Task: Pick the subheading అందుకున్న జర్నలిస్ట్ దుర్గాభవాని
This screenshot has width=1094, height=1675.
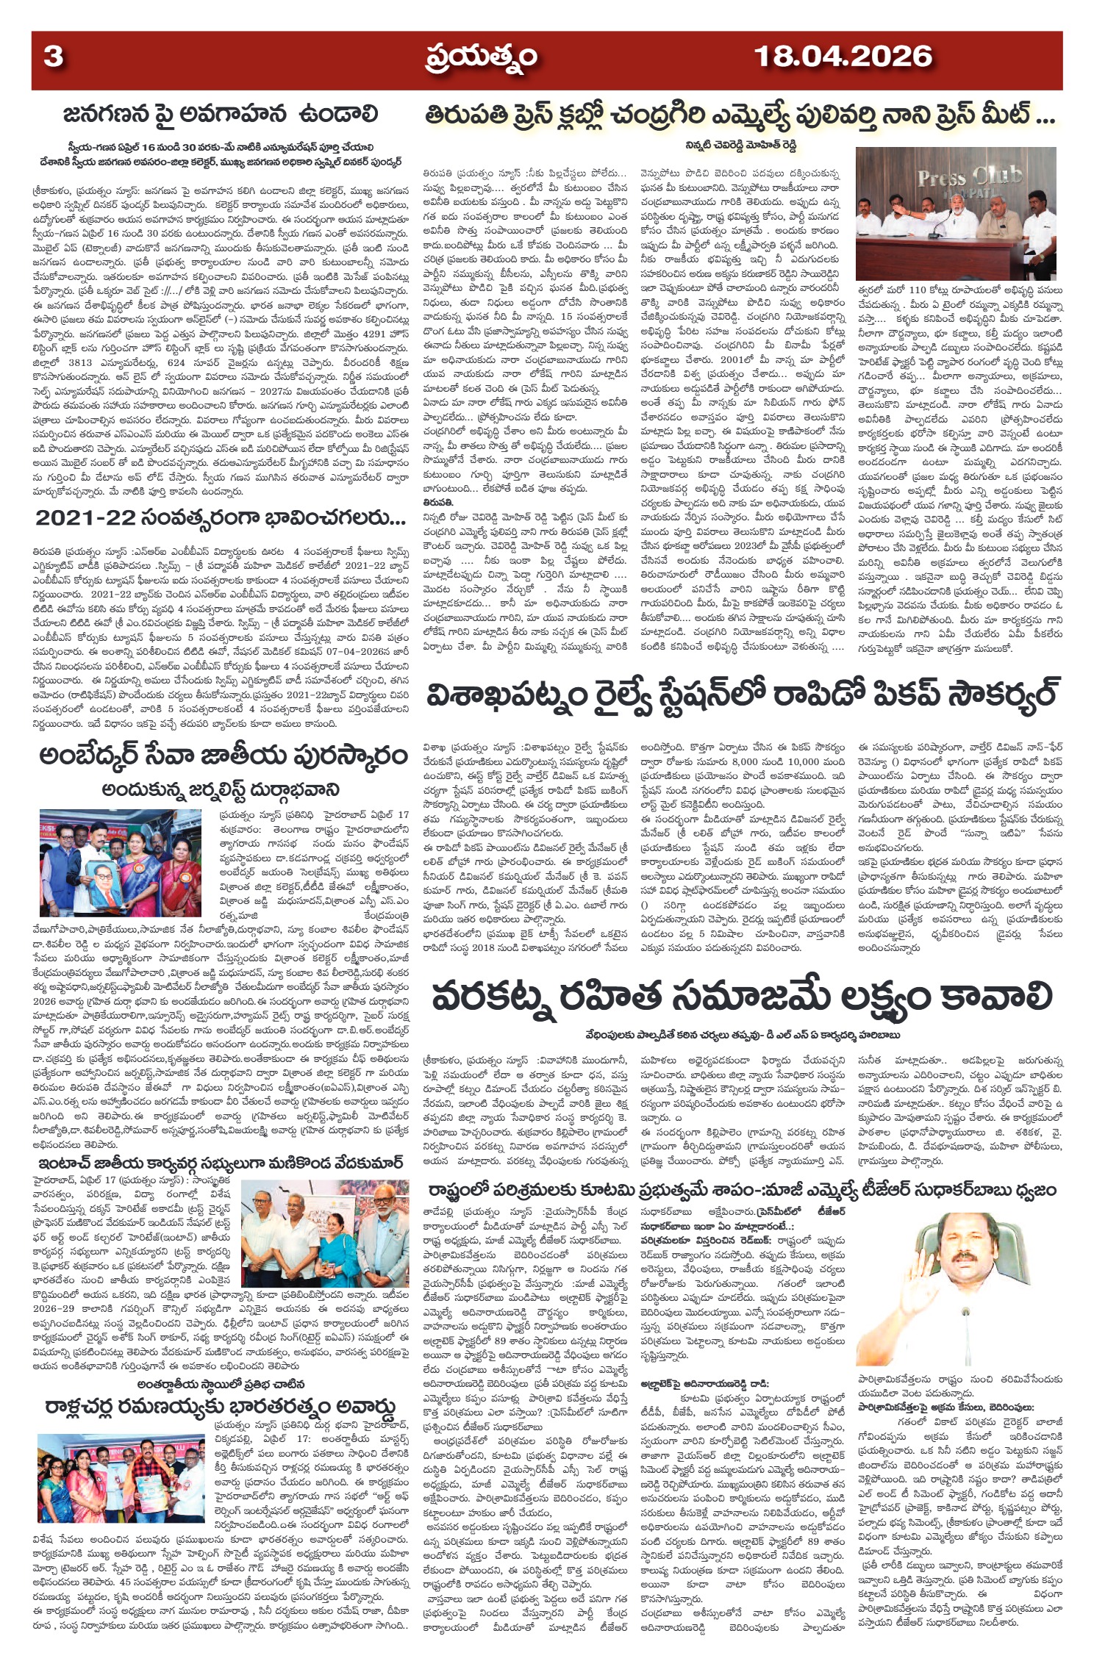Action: [x=221, y=789]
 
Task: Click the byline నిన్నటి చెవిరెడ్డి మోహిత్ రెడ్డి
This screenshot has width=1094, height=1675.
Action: [x=728, y=145]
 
